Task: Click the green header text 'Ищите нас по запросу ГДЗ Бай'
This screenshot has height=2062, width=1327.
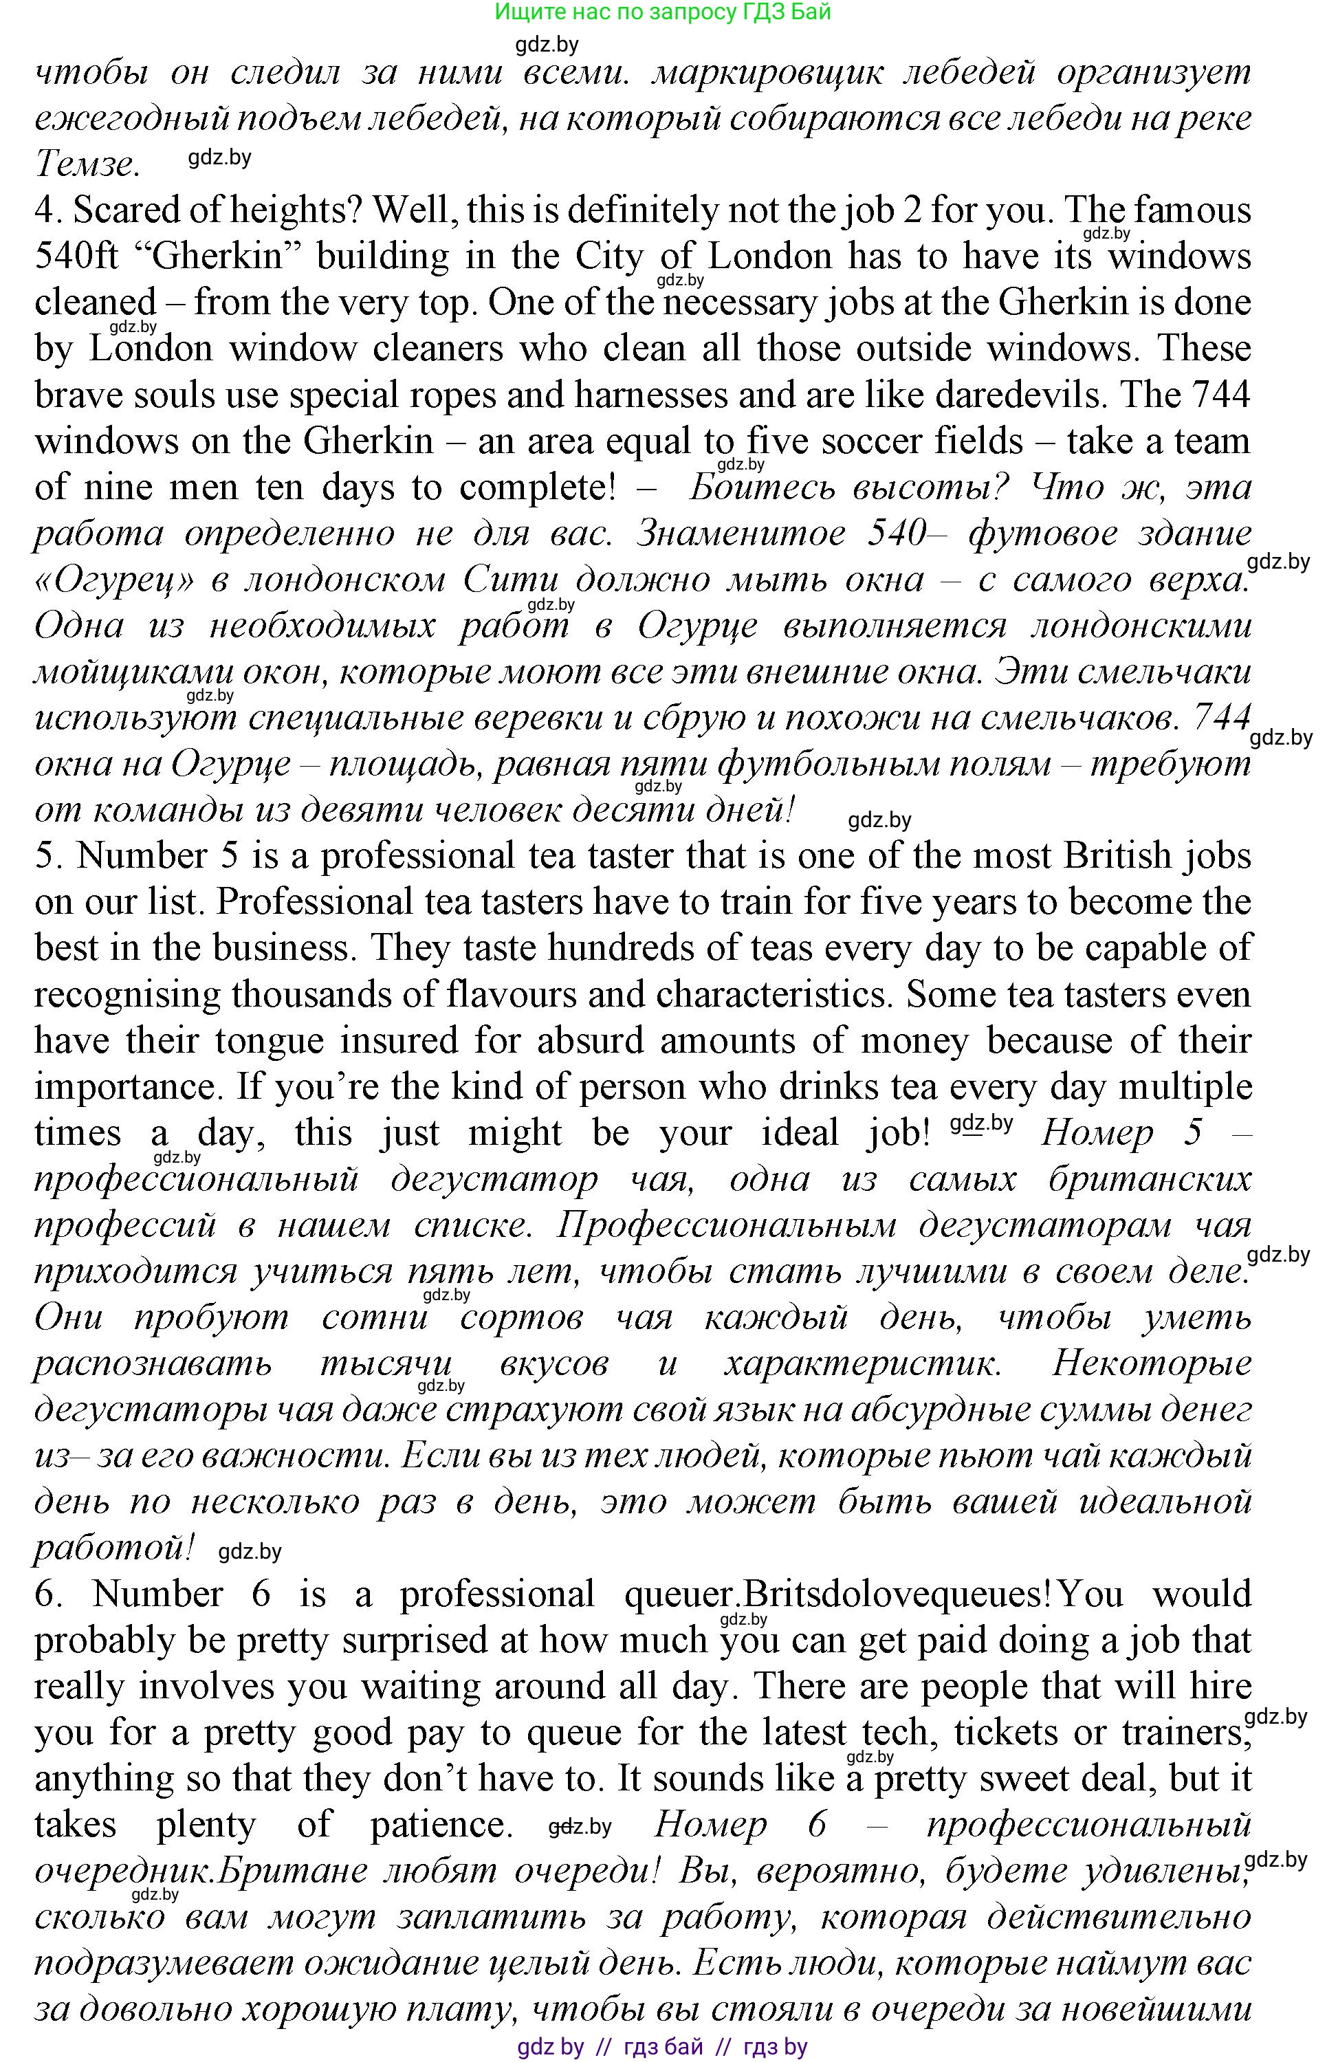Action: pos(663,12)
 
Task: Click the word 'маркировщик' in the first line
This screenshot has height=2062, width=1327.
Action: pos(767,72)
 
